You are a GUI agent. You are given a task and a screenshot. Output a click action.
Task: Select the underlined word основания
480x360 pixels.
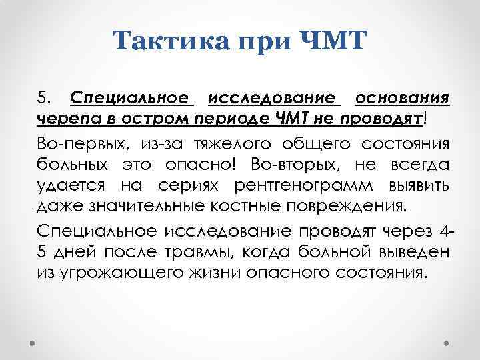pos(404,99)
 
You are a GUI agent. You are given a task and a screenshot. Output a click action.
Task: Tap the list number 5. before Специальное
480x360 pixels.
pos(44,99)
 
